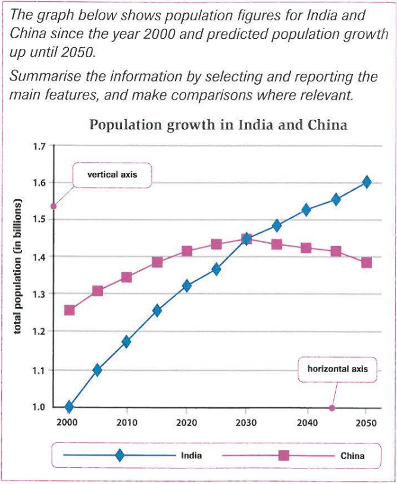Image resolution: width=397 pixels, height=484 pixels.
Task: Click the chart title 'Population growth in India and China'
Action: pyautogui.click(x=218, y=126)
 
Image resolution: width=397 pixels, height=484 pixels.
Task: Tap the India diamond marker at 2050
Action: pyautogui.click(x=367, y=182)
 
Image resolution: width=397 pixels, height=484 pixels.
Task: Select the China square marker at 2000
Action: pyautogui.click(x=70, y=310)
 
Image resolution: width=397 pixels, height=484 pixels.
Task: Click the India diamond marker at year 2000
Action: pyautogui.click(x=69, y=407)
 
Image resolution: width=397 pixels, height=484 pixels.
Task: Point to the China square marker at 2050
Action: pyautogui.click(x=367, y=262)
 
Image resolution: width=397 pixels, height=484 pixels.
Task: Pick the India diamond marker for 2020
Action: pyautogui.click(x=187, y=286)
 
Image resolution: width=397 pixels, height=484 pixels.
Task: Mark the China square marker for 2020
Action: pyautogui.click(x=187, y=251)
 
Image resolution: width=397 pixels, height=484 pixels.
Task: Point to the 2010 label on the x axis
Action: pyautogui.click(x=127, y=423)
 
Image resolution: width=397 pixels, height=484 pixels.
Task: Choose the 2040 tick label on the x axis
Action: pyautogui.click(x=305, y=423)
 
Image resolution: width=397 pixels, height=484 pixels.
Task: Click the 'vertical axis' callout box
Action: pyautogui.click(x=112, y=175)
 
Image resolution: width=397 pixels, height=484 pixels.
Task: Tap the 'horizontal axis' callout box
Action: pyautogui.click(x=337, y=369)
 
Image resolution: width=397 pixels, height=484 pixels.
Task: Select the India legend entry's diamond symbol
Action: pyautogui.click(x=120, y=455)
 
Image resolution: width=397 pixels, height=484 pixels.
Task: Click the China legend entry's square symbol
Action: pyautogui.click(x=283, y=455)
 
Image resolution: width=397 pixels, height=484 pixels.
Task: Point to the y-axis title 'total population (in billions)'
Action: pyautogui.click(x=19, y=274)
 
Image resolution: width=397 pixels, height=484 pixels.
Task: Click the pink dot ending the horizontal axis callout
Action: pyautogui.click(x=332, y=408)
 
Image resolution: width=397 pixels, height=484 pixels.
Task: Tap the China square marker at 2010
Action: pyautogui.click(x=127, y=277)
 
